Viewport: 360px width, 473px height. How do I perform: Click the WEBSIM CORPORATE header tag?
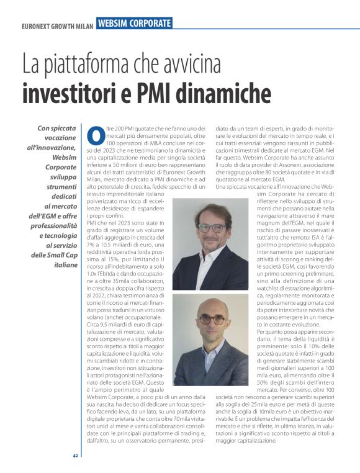(134, 23)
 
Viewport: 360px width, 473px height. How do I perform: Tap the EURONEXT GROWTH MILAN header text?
(57, 26)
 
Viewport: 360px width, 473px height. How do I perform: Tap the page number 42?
(75, 456)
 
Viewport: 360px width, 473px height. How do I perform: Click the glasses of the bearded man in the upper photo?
(212, 228)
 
